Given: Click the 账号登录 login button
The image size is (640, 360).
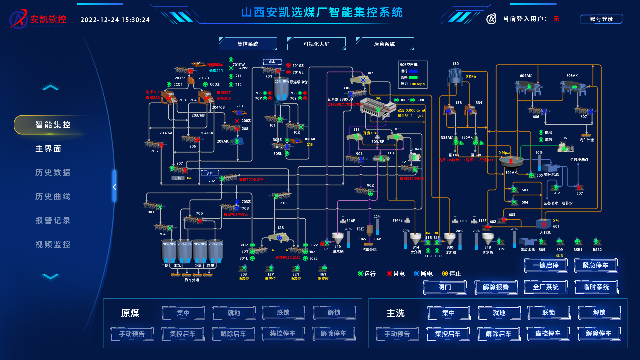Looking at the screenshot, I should pyautogui.click(x=601, y=19).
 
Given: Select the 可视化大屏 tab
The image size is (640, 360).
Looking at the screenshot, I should pyautogui.click(x=316, y=44).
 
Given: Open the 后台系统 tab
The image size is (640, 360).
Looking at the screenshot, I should pyautogui.click(x=384, y=44).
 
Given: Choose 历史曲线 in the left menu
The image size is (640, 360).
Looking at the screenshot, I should pyautogui.click(x=53, y=197).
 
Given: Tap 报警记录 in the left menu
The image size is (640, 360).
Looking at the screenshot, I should pyautogui.click(x=53, y=221).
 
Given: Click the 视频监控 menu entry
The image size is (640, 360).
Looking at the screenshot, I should pyautogui.click(x=53, y=245).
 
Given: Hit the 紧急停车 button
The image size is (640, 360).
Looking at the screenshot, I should pyautogui.click(x=595, y=265).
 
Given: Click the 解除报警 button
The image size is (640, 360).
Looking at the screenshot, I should pyautogui.click(x=496, y=287).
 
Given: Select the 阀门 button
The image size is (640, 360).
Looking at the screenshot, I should pyautogui.click(x=445, y=287).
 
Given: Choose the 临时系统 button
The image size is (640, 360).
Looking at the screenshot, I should pyautogui.click(x=596, y=287).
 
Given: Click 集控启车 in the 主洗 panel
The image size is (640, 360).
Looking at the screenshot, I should pyautogui.click(x=448, y=334).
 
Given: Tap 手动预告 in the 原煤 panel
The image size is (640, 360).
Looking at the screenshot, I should pyautogui.click(x=132, y=334).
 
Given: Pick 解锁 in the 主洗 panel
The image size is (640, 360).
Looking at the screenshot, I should pyautogui.click(x=599, y=313).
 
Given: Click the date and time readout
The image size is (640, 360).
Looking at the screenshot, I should pyautogui.click(x=115, y=20).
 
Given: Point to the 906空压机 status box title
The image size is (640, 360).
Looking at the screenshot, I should pyautogui.click(x=409, y=65).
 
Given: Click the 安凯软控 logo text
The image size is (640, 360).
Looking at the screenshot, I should pyautogui.click(x=48, y=19).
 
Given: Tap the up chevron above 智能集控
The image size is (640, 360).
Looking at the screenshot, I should pyautogui.click(x=50, y=88).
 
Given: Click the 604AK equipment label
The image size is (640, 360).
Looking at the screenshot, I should pyautogui.click(x=526, y=76).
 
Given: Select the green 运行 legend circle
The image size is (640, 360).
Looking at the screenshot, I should pyautogui.click(x=360, y=274).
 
